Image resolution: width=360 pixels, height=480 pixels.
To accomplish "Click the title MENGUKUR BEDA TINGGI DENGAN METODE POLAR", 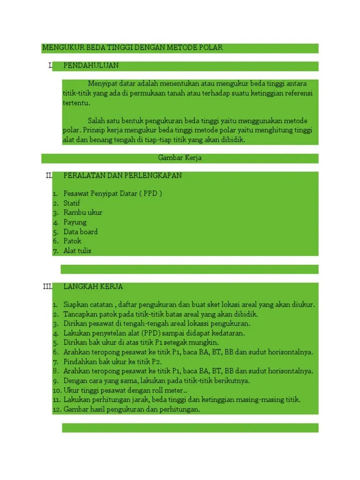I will point(133,48).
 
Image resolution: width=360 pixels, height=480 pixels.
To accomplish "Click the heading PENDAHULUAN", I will point(91,65).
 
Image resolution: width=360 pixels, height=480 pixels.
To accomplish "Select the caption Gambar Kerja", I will point(180,158).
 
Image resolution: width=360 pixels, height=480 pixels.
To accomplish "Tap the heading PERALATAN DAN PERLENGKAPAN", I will point(123,175).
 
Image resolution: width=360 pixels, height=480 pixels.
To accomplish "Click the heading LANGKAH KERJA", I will point(93,286).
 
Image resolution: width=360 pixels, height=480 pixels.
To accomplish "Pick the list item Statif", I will point(72,203).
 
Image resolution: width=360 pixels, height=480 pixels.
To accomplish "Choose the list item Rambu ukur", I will point(83,212).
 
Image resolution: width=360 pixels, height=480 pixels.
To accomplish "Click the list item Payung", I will point(75,222).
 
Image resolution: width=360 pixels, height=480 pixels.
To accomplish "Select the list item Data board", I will point(81,232).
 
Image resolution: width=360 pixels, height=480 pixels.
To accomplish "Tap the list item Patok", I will point(73,241).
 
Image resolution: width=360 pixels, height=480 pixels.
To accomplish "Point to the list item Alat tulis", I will point(77,250).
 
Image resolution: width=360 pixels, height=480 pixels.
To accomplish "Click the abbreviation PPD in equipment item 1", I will point(151,194).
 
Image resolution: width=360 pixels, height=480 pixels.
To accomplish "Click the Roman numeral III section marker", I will point(47,286).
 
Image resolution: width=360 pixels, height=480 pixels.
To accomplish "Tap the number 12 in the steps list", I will point(56,409).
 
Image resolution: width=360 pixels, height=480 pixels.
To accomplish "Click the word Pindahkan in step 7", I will point(80,362).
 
